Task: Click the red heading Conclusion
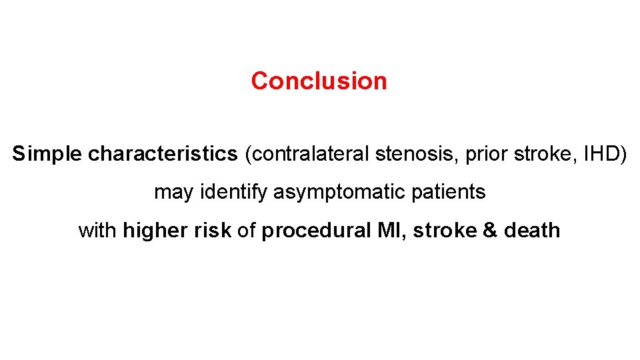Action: [x=319, y=81]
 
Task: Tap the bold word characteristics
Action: [x=163, y=154]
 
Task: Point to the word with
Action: [x=98, y=231]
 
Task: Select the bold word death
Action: [x=532, y=231]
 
